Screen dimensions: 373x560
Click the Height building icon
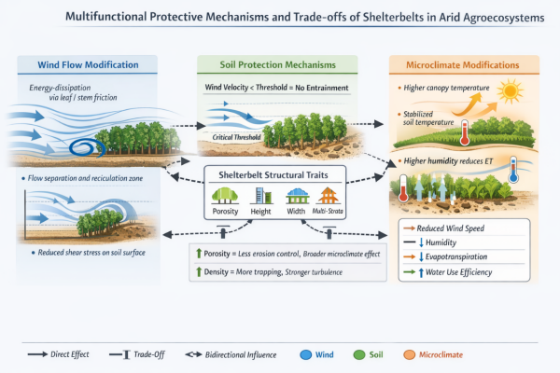pos(262,194)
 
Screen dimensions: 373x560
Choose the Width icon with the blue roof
pos(297,194)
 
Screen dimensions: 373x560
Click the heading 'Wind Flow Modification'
pos(89,65)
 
